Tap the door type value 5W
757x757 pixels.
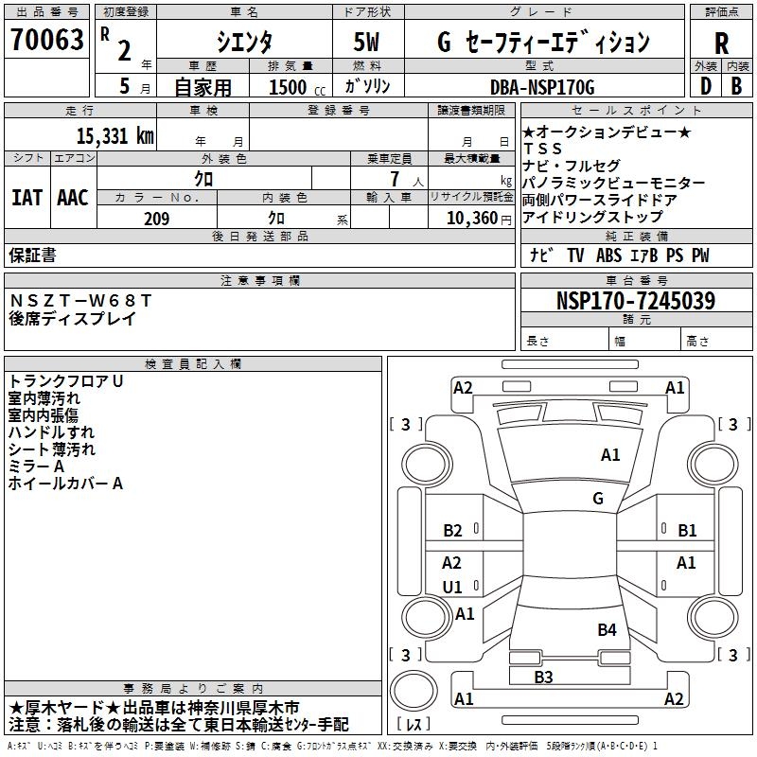click(x=368, y=43)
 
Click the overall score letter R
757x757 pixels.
click(x=721, y=44)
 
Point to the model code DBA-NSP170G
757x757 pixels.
click(x=542, y=87)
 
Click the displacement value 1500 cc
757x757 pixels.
click(x=296, y=87)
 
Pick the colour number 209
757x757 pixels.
click(x=156, y=219)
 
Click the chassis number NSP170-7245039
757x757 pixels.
click(x=635, y=302)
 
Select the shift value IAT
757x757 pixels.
click(x=26, y=198)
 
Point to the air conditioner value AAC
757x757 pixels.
click(x=73, y=198)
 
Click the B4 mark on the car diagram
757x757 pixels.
click(x=607, y=629)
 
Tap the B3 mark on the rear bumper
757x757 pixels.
click(x=543, y=677)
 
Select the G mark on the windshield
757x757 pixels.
click(x=598, y=498)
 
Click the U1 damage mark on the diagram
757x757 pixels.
click(x=452, y=587)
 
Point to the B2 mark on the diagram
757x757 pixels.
click(x=452, y=531)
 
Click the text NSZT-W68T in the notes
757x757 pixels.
click(x=79, y=301)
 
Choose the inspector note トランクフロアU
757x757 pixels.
click(x=66, y=381)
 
